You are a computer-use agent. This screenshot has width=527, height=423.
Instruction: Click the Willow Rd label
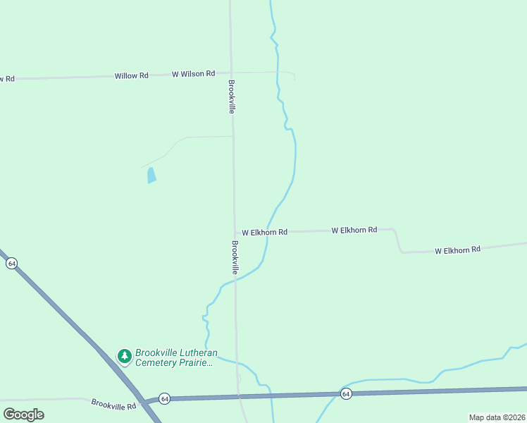(132, 75)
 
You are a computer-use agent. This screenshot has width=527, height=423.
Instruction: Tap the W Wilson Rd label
(193, 73)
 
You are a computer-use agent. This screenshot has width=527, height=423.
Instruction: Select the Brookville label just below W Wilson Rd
(230, 97)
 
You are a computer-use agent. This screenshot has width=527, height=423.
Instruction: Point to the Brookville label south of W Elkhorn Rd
(235, 258)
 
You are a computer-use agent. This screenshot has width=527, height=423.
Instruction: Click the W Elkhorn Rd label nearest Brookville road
(264, 232)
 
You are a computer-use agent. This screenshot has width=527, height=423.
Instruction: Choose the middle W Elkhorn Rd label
(354, 230)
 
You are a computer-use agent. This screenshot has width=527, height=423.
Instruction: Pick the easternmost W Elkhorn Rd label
(457, 250)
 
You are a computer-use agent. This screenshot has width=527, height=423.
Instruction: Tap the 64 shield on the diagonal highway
(11, 263)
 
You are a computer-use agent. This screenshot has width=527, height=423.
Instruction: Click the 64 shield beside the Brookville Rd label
(163, 398)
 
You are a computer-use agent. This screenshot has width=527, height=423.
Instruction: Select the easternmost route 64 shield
(346, 393)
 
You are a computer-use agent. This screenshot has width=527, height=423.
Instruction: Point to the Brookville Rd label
(113, 404)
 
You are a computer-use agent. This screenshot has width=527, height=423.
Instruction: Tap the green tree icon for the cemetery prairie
(125, 357)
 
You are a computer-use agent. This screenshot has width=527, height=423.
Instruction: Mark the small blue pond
(151, 176)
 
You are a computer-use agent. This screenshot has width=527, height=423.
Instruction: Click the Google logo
(23, 414)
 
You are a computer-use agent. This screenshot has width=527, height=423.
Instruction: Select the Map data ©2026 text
(497, 417)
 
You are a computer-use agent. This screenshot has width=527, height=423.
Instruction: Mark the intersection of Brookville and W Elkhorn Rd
(235, 232)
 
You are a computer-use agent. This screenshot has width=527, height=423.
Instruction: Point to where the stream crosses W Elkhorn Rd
(268, 231)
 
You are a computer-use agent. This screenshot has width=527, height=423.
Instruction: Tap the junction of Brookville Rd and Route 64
(144, 402)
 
